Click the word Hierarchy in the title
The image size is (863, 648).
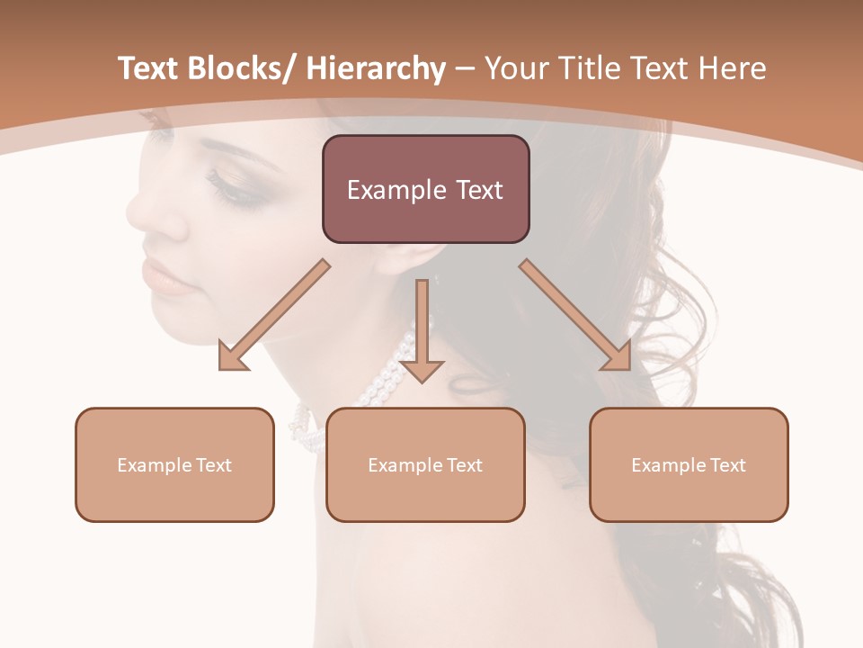pos(376,68)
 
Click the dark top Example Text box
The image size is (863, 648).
pos(425,189)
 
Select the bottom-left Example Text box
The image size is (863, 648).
pos(174,464)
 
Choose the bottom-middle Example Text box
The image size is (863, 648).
pos(425,464)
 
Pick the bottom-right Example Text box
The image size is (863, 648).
pos(689,464)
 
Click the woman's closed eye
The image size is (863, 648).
pos(230,186)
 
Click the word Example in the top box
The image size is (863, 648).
pos(396,190)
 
